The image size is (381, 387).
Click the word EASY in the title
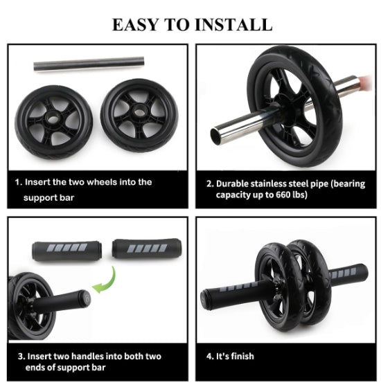click(x=138, y=24)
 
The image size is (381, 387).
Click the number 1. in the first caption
click(x=19, y=182)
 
